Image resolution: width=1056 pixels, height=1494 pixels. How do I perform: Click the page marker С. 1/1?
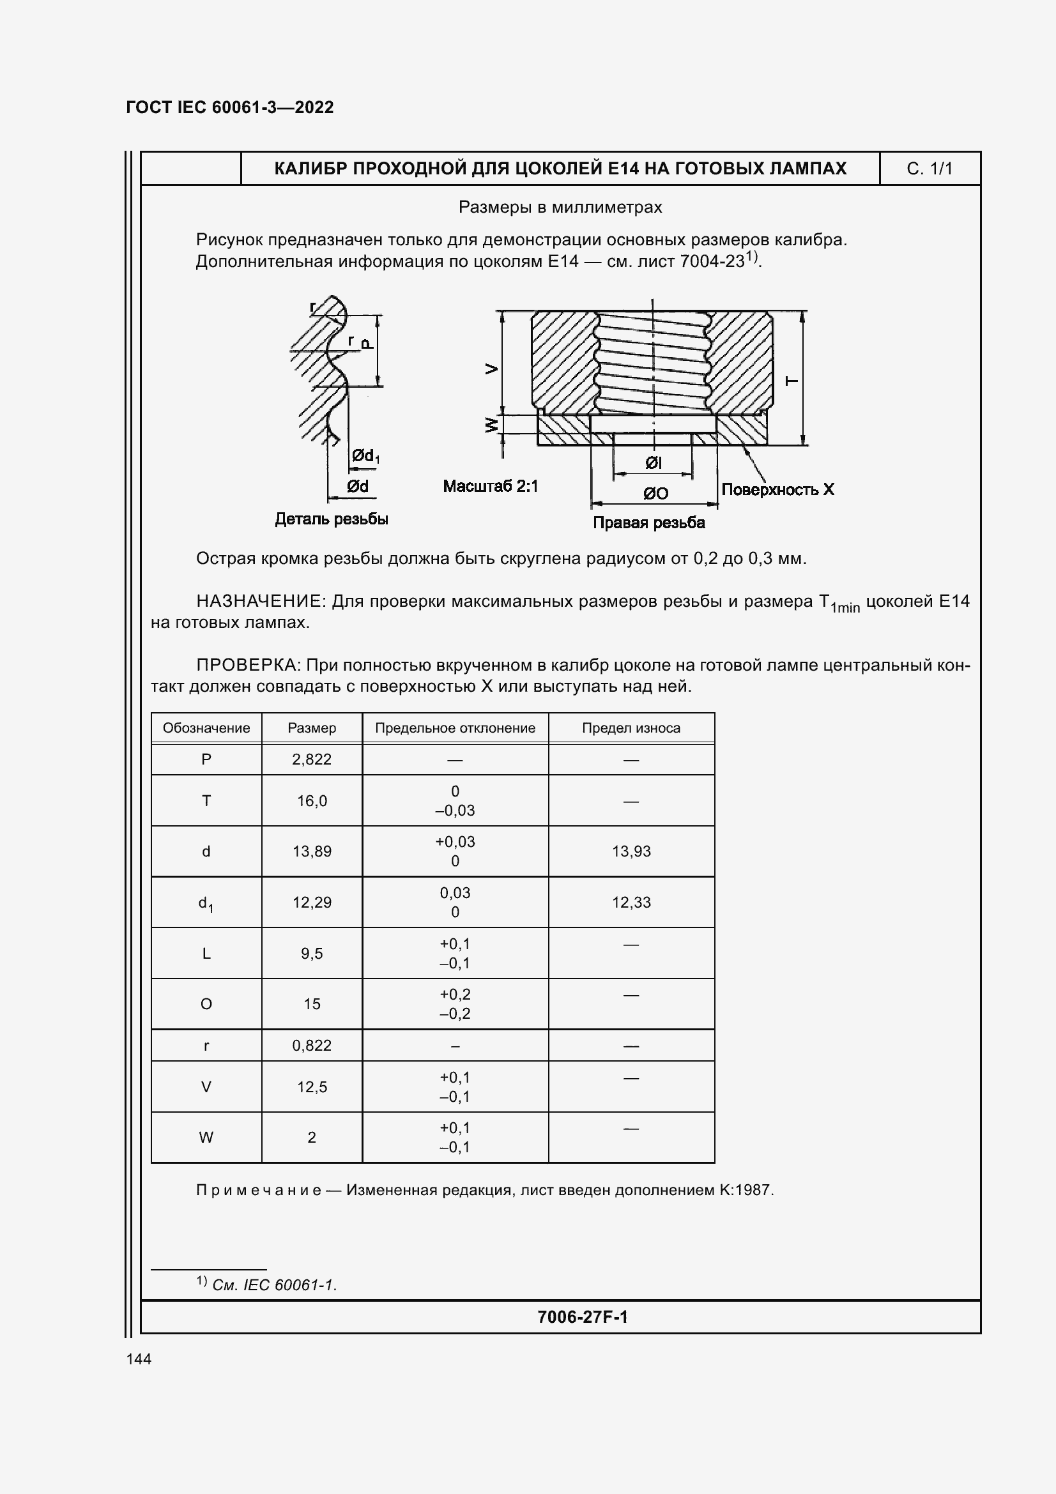click(929, 169)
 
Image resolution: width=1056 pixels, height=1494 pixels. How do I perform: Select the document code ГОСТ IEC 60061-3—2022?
click(230, 107)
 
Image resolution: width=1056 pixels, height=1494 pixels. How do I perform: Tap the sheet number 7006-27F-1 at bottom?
click(583, 1317)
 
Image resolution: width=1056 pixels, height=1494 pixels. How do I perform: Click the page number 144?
click(139, 1359)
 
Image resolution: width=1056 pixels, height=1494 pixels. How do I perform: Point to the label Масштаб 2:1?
click(491, 486)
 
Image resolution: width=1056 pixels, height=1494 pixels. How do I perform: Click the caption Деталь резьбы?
click(331, 519)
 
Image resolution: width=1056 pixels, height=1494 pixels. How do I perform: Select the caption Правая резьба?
click(648, 522)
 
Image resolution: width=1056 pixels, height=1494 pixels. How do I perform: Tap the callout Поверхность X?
click(777, 489)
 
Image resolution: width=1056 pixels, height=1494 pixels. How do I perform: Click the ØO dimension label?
click(655, 493)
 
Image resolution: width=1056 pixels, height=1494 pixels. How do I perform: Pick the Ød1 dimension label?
click(365, 456)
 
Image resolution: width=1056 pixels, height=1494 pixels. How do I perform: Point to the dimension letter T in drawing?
click(792, 381)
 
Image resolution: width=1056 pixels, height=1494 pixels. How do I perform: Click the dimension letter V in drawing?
click(493, 369)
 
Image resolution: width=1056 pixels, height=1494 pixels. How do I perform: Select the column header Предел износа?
click(631, 728)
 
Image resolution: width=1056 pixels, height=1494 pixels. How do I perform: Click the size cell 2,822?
click(312, 759)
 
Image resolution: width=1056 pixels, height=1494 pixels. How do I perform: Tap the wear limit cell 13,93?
click(631, 851)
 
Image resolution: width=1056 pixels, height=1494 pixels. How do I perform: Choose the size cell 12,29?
click(312, 903)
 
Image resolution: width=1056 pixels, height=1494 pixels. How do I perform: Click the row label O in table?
click(206, 1004)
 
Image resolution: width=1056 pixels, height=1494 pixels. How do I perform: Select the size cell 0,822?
click(312, 1046)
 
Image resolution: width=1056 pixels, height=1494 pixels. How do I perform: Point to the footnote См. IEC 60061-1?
click(274, 1285)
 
